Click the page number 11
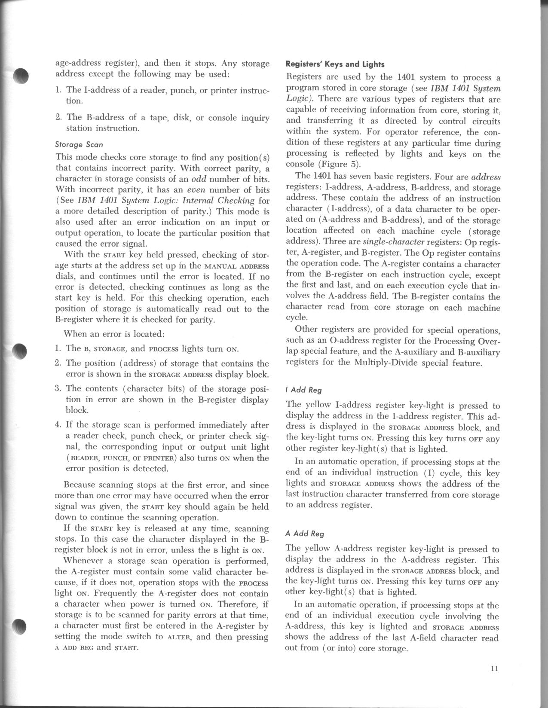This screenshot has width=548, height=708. point(493,668)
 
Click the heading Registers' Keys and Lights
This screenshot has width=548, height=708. point(335,64)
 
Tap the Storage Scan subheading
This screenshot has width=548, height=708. point(79,144)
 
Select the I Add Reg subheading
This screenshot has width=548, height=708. point(303,390)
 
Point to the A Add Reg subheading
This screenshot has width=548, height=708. point(305,534)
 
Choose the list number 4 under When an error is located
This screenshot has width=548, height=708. point(58,425)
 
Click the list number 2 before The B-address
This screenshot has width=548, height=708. point(58,117)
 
